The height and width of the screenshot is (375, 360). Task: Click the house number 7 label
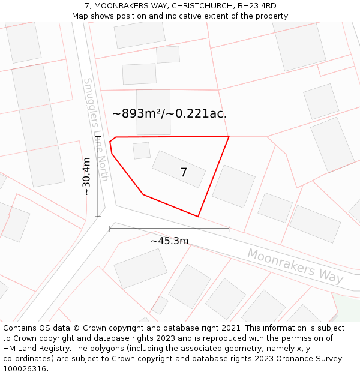pos(184,173)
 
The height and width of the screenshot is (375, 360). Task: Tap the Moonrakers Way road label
pos(295,266)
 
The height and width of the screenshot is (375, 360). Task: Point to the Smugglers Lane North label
pos(96,129)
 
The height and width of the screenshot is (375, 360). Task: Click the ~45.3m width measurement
pos(169,241)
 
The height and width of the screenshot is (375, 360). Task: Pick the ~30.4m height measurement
pos(86,176)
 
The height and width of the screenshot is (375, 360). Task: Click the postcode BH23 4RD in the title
pos(257,6)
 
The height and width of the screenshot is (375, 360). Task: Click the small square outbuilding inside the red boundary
pos(142,151)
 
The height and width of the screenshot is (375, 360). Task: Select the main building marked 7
pos(179,169)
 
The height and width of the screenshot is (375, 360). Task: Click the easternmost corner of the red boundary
pos(229,137)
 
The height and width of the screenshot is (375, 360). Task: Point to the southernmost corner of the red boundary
pos(198,217)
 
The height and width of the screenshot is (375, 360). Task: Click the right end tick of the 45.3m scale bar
pos(229,228)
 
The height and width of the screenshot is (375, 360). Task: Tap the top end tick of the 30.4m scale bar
pos(98,137)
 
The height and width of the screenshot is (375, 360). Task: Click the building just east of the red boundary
pos(233,187)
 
